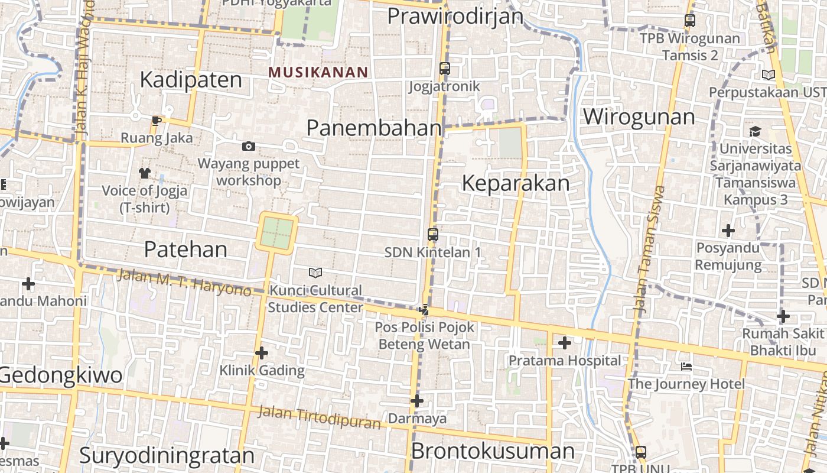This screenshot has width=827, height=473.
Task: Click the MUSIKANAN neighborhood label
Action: click(x=318, y=72)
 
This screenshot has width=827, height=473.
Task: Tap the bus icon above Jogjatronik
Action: click(x=445, y=69)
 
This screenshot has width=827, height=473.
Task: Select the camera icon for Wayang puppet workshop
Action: click(x=249, y=146)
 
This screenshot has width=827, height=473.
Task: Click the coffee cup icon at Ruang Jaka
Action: click(x=156, y=121)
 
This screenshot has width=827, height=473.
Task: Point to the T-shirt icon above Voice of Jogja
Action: click(x=145, y=173)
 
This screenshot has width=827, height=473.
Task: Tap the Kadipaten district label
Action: click(x=191, y=80)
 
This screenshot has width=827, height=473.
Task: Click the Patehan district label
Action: click(x=185, y=250)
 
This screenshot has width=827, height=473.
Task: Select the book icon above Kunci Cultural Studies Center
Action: click(x=315, y=273)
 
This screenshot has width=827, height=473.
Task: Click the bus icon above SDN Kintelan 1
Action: click(x=433, y=235)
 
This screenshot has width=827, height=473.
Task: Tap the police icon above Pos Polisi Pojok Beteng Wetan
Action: click(x=424, y=309)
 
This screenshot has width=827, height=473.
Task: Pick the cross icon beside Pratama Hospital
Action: click(x=565, y=342)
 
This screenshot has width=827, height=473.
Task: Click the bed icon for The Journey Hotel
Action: click(x=686, y=367)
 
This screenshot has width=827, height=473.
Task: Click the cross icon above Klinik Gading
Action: click(x=262, y=353)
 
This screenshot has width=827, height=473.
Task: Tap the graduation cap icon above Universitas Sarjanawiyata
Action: click(x=755, y=131)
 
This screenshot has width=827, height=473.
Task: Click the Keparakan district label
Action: click(x=516, y=183)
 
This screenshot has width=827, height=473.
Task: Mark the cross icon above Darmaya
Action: click(x=417, y=401)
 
